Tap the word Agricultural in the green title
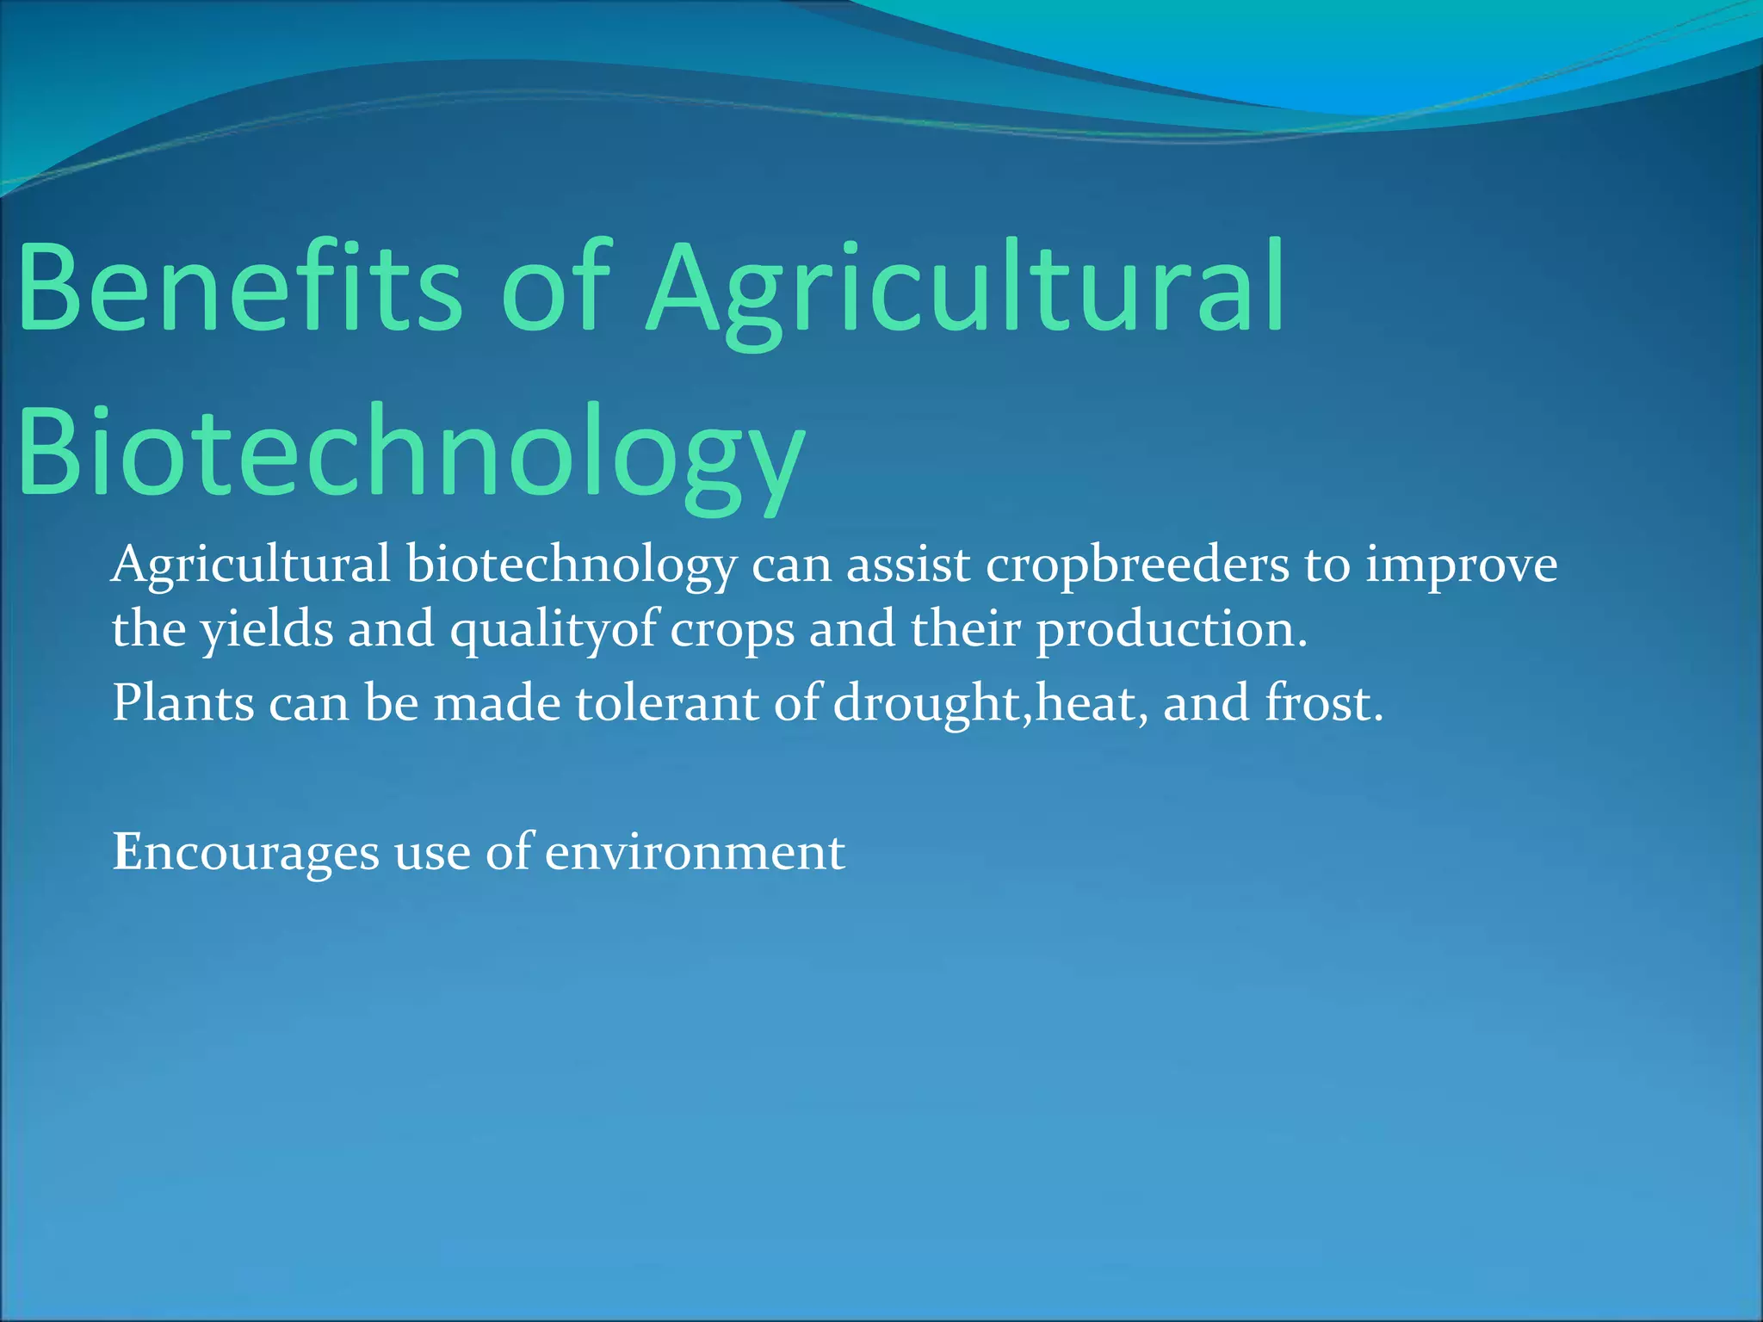tap(964, 288)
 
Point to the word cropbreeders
tap(1137, 565)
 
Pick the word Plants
tap(183, 702)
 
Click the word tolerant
tap(667, 702)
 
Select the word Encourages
tap(246, 852)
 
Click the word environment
tap(695, 852)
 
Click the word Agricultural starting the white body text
tap(251, 565)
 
